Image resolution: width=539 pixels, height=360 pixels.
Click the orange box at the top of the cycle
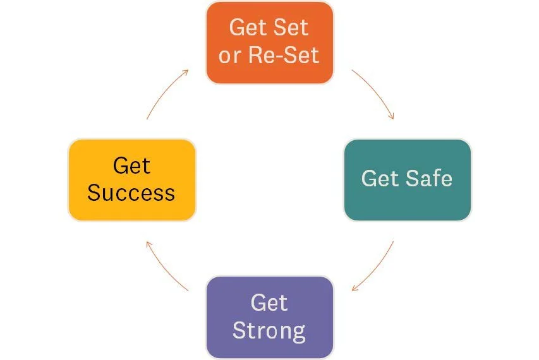(269, 42)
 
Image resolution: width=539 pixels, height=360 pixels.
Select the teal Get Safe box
(407, 179)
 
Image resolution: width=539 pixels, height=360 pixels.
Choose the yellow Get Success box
(131, 179)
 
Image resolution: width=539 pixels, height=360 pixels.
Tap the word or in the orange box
(230, 56)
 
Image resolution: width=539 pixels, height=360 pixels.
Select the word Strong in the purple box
(269, 330)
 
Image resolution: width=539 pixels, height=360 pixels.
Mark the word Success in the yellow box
(131, 193)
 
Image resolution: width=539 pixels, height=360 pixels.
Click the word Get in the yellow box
(131, 165)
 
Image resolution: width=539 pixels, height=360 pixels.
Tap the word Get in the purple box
(269, 303)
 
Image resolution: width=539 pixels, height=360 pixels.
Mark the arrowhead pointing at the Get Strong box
(356, 288)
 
